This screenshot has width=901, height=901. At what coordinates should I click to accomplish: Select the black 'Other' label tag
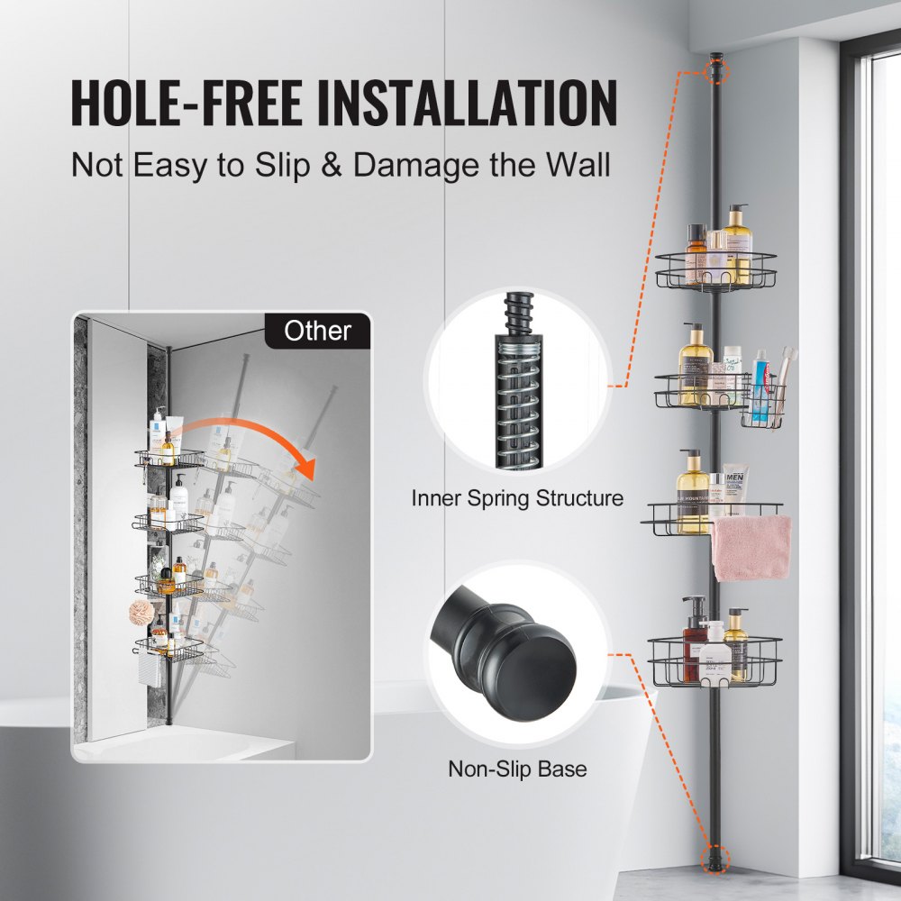pyautogui.click(x=317, y=331)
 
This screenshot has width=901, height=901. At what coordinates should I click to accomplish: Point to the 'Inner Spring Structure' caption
pyautogui.click(x=517, y=497)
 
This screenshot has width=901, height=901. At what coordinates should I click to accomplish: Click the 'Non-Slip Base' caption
pyautogui.click(x=517, y=769)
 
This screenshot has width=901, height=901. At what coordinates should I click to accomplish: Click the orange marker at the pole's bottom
pyautogui.click(x=716, y=856)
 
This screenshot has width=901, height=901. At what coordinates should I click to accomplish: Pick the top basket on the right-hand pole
pyautogui.click(x=716, y=270)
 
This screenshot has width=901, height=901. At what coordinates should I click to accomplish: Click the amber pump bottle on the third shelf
pyautogui.click(x=693, y=491)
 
